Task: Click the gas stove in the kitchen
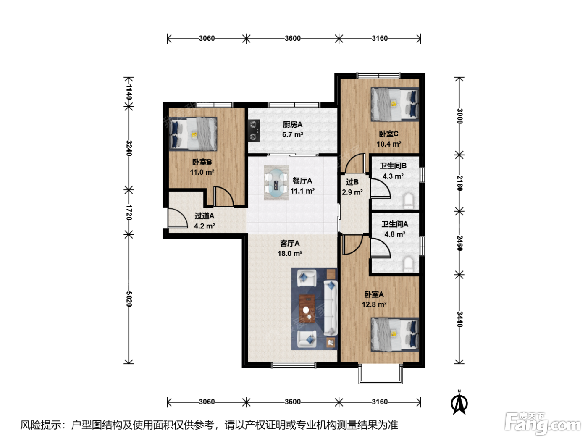254,131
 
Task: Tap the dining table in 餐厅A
276,183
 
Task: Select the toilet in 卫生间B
409,201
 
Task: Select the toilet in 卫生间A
409,264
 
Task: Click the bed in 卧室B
193,134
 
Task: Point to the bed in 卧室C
395,105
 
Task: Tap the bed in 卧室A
395,334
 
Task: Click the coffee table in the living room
307,309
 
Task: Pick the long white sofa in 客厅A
330,308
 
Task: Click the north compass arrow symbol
459,402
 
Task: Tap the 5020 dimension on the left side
129,299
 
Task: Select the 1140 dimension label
129,92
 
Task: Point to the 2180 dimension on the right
459,183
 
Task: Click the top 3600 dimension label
292,39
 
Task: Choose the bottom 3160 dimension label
380,402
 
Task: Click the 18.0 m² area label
290,253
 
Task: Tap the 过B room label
352,182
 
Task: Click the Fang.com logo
543,424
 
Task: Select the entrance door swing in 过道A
177,218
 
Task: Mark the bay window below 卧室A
381,374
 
